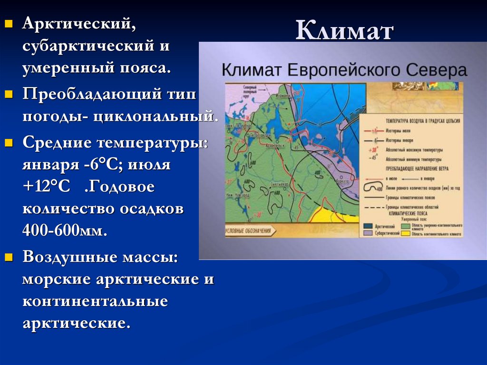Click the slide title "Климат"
[x=345, y=32]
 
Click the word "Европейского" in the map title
[x=344, y=70]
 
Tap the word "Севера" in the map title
[x=437, y=70]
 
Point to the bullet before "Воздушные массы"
[x=8, y=257]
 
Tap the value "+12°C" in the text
[x=46, y=187]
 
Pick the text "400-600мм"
[x=64, y=231]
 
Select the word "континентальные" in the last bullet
[x=95, y=301]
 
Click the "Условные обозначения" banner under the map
[x=250, y=231]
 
